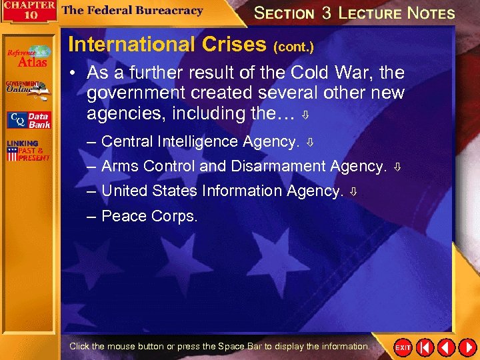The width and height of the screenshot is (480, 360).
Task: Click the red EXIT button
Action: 403,348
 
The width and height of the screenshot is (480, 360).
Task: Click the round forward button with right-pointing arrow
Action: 466,347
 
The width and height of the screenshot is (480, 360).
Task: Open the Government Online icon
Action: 27,89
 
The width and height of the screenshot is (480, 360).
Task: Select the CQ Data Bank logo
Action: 28,120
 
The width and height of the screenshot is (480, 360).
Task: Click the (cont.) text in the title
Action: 293,47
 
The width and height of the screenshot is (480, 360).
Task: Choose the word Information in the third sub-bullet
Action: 242,191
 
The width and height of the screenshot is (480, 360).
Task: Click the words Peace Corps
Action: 149,216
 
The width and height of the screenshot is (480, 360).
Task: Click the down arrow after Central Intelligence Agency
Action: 309,142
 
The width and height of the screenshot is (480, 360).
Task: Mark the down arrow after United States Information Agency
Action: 353,191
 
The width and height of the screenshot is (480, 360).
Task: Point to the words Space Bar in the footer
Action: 244,346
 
